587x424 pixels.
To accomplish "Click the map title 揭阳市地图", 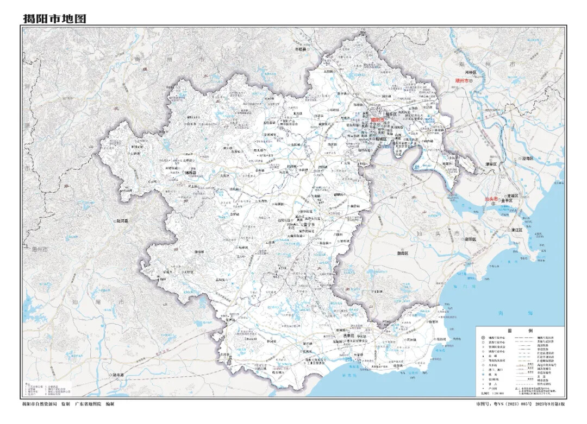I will [54, 18].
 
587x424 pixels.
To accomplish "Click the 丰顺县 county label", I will [301, 49].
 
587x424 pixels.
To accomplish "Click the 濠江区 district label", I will [516, 230].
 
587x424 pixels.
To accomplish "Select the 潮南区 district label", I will [402, 253].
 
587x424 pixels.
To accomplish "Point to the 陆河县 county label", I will [122, 221].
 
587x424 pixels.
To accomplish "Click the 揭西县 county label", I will [191, 173].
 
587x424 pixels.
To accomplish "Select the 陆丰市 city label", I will [117, 375].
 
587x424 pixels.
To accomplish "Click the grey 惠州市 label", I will [38, 249].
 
